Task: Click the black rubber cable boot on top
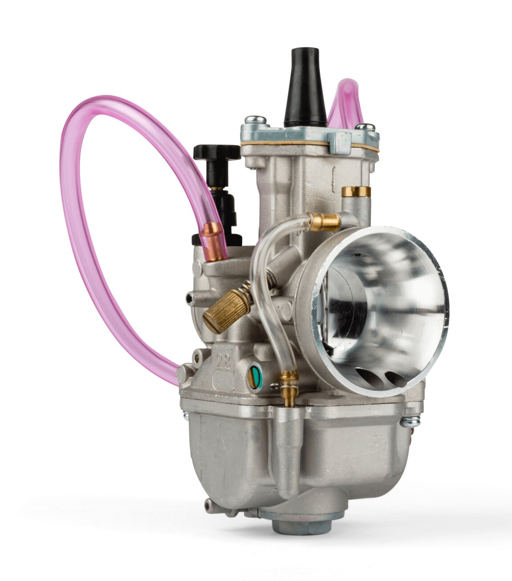(305, 89)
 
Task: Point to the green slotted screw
(254, 378)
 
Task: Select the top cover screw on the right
(365, 127)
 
